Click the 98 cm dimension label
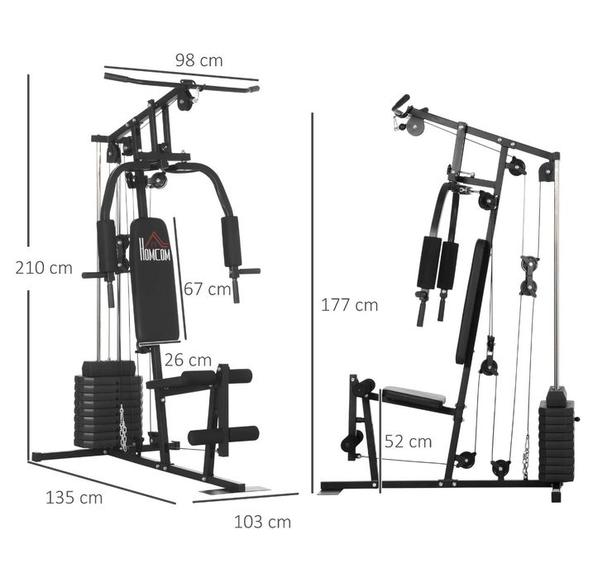pos(198,60)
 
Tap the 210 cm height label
pos(44,268)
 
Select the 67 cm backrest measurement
pos(207,289)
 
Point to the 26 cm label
pos(187,360)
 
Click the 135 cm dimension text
pos(74,497)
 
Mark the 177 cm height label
pos(349,305)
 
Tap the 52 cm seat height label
pos(408,442)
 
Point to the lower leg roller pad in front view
pos(222,435)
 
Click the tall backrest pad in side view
pos(472,302)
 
